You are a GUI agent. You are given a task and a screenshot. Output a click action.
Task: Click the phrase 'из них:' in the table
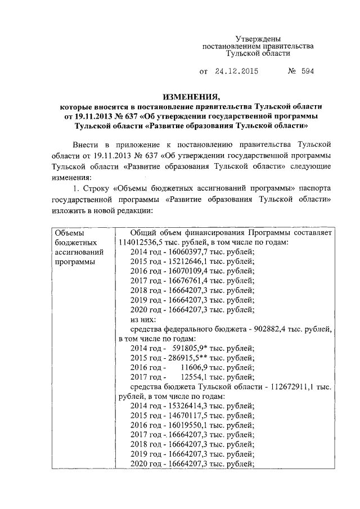143,319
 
